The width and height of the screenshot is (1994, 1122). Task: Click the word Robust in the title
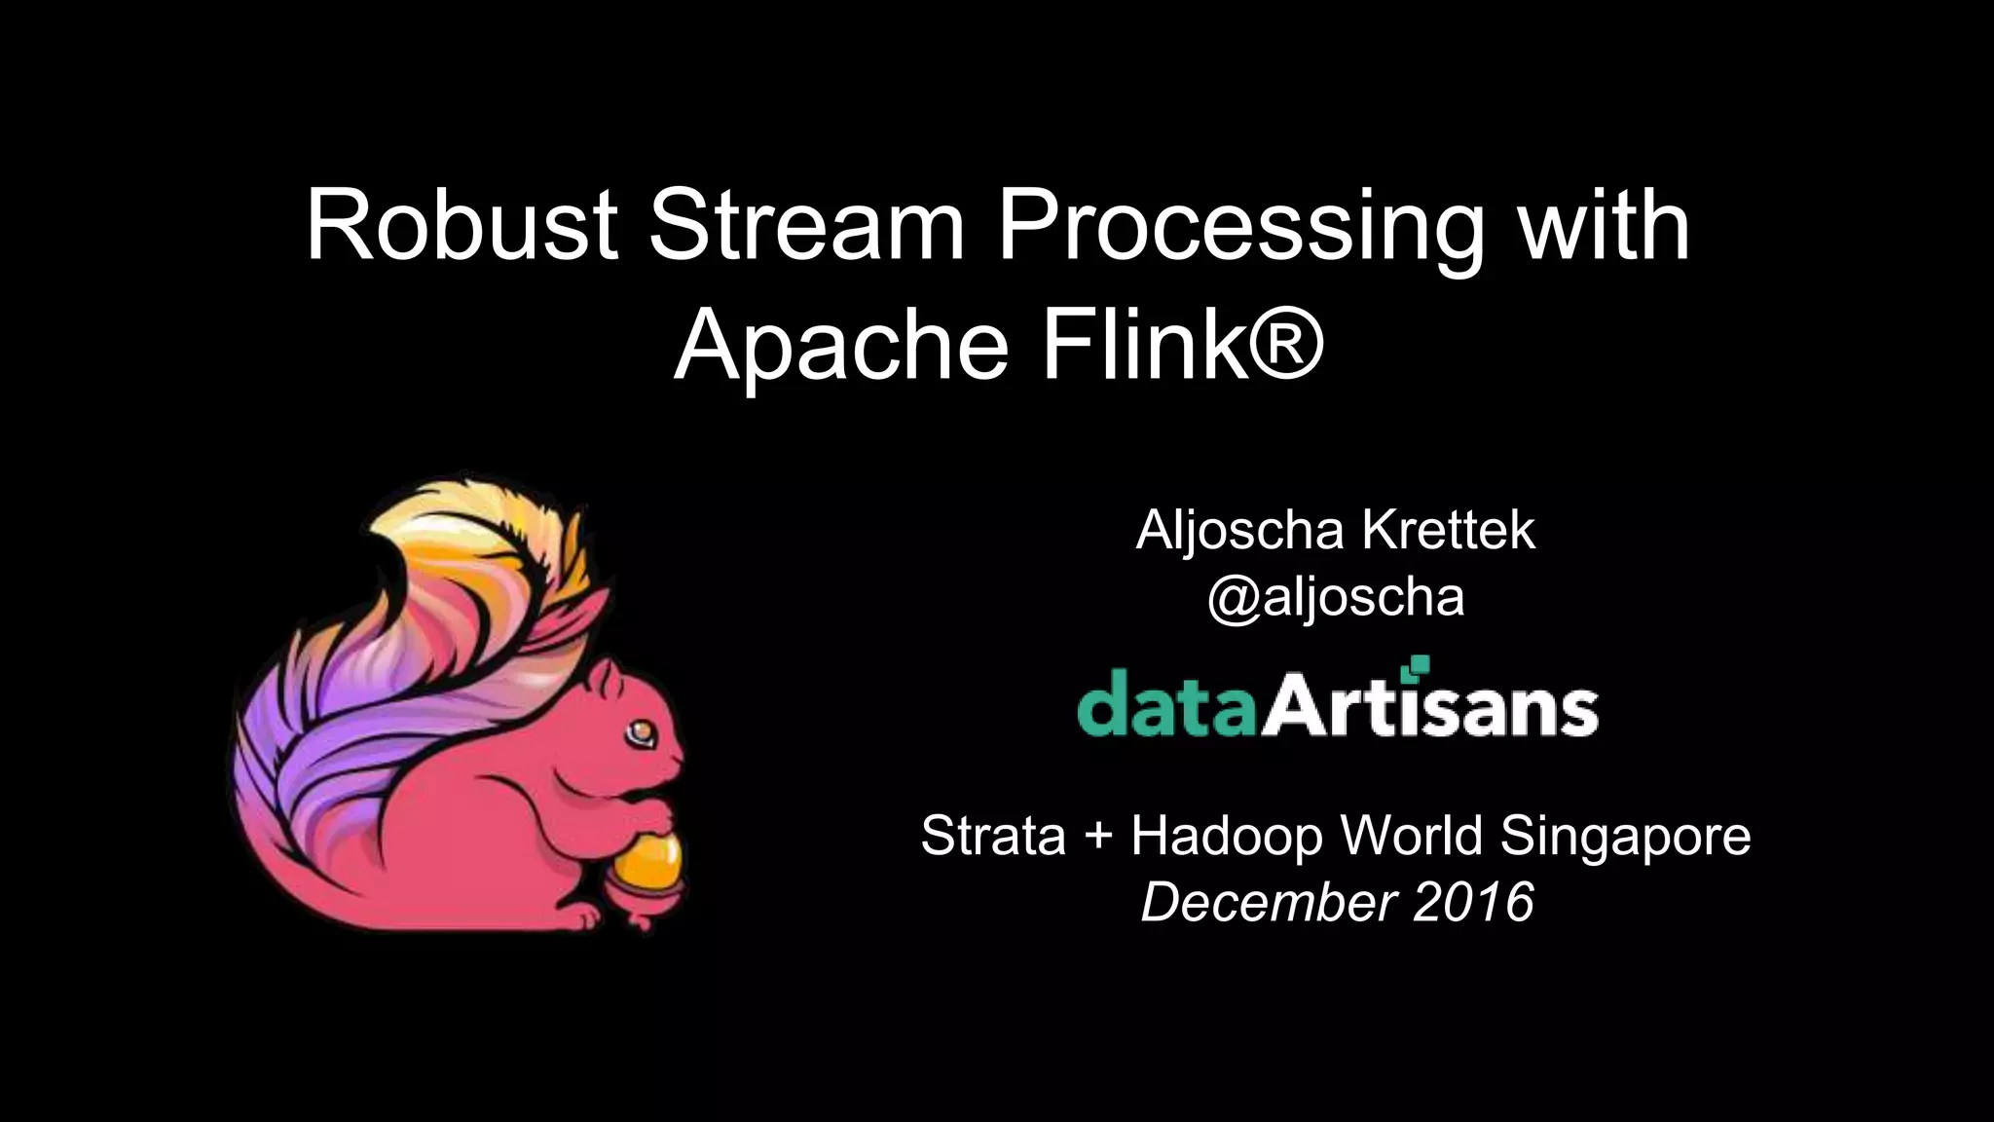point(462,226)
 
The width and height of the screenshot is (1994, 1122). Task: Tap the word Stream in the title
point(807,226)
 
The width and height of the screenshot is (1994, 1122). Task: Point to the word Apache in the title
point(840,347)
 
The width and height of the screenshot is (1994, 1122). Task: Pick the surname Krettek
point(1448,531)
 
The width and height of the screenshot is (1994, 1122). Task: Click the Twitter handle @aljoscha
point(1335,596)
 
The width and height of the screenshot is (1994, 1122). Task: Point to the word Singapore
point(1625,836)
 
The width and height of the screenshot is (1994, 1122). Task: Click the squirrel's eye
point(641,729)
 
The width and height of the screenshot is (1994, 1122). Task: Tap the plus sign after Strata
point(1097,837)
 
